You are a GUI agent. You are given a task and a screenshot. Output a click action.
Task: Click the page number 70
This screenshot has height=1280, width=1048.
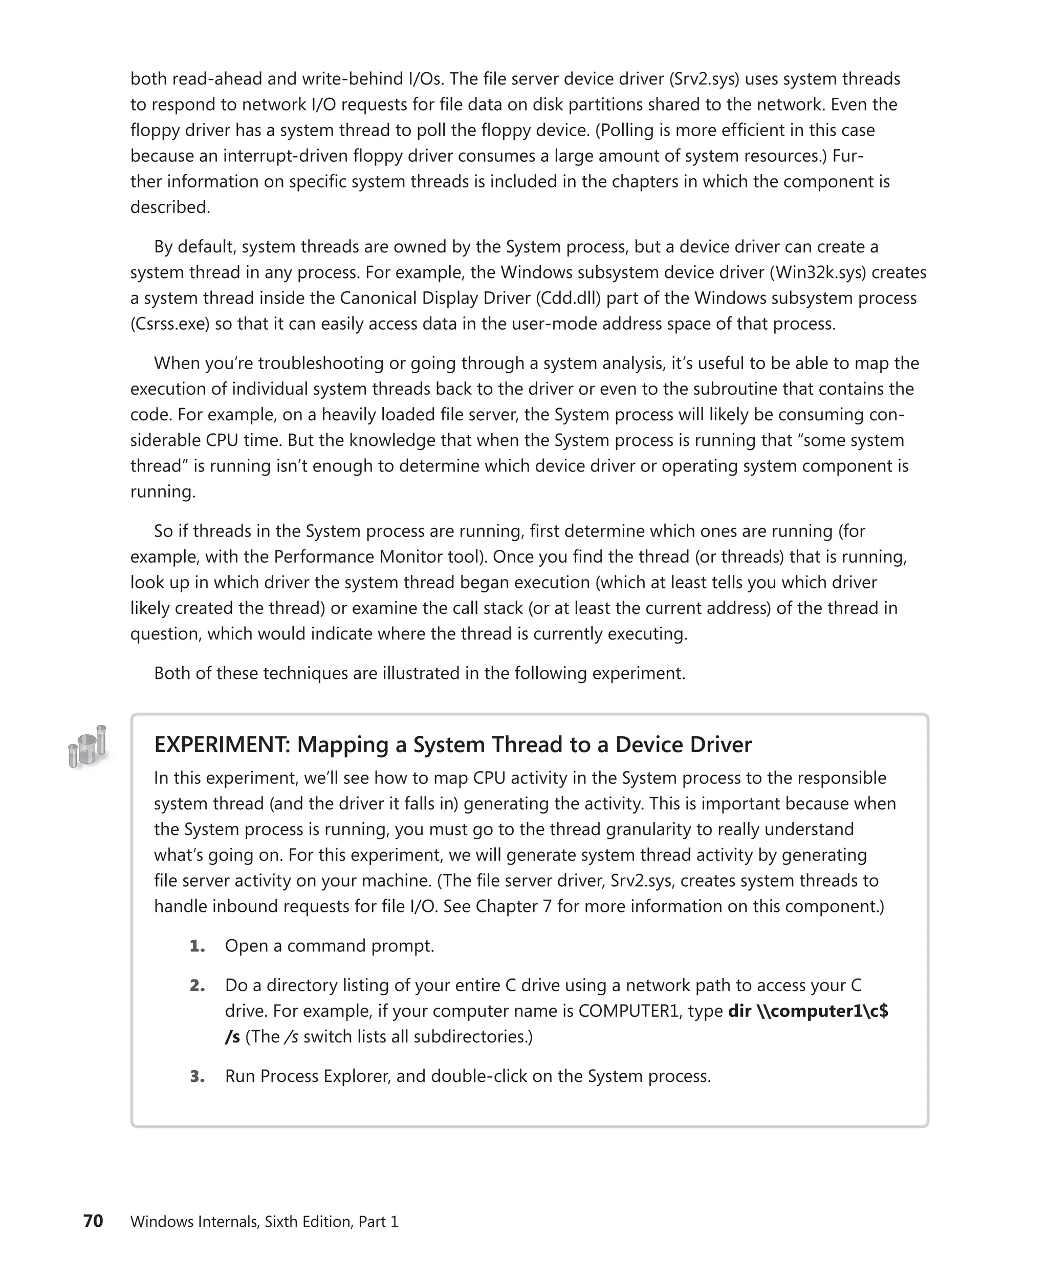click(x=93, y=1221)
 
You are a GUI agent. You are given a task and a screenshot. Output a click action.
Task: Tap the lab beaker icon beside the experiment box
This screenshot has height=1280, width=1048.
click(x=88, y=746)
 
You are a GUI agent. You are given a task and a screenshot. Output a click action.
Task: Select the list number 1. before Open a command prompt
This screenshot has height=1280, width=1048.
click(x=197, y=946)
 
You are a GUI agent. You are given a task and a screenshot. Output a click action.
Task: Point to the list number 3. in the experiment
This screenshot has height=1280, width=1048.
click(x=197, y=1076)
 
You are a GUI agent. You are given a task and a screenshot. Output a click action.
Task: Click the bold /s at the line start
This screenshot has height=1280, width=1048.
click(x=232, y=1037)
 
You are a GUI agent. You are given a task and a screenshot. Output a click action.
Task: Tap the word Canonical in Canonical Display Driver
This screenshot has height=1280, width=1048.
click(x=382, y=298)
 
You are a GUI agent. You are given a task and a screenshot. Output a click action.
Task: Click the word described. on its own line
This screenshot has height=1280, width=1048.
click(x=170, y=207)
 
